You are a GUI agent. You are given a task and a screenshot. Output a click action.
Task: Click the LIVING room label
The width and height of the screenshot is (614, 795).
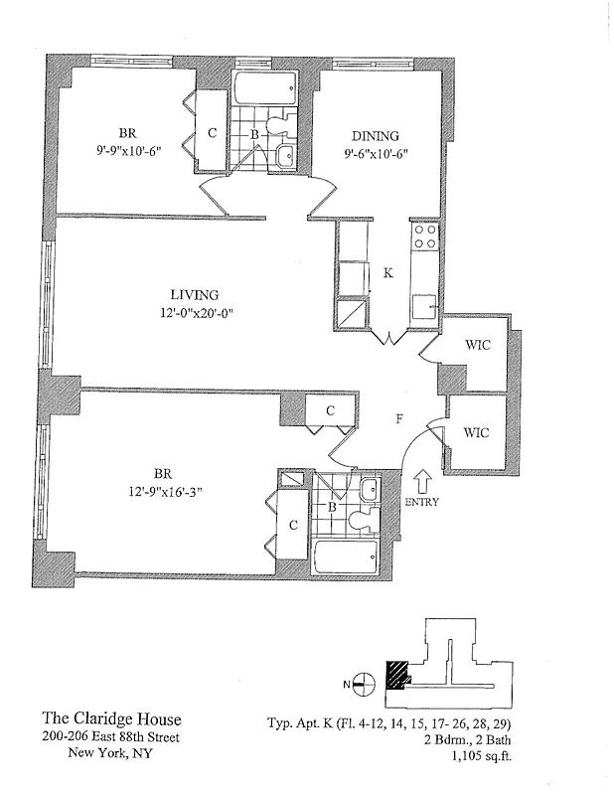194,294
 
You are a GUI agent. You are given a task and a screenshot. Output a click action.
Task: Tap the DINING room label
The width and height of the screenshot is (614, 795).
375,136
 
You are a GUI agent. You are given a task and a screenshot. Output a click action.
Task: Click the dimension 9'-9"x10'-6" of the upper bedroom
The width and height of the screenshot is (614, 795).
128,151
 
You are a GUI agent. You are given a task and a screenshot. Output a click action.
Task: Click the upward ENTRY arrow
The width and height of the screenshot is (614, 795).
420,482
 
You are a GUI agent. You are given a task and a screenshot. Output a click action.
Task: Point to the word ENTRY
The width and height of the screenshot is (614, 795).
421,502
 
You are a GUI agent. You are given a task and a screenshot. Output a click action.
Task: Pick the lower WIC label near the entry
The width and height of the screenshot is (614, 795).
477,432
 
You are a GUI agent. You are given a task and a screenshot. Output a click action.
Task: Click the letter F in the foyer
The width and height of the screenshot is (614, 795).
398,418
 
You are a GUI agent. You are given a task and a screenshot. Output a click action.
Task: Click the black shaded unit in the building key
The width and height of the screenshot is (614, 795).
398,673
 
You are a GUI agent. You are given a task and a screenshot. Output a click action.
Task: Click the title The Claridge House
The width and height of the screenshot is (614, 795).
111,718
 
